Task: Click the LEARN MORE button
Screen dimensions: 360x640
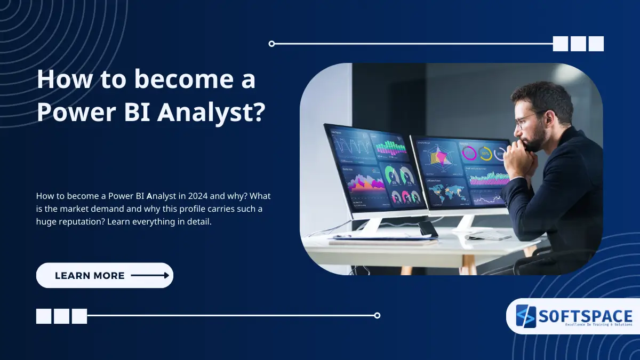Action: pos(105,276)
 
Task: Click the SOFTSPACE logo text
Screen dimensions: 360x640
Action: pos(585,316)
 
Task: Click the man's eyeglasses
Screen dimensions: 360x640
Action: pos(528,118)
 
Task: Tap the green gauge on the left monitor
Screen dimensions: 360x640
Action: pos(392,174)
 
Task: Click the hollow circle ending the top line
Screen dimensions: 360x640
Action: pos(271,44)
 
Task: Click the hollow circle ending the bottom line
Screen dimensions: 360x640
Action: pos(377,315)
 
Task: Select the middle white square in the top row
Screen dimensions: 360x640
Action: pos(578,44)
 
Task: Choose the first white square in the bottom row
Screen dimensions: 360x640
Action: pos(44,316)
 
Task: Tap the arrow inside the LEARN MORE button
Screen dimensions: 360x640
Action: pos(150,276)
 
